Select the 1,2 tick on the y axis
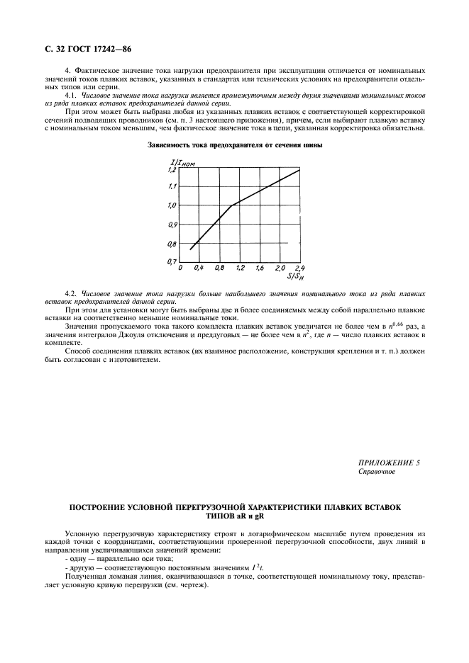[170, 170]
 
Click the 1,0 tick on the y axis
[170, 206]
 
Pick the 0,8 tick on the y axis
[170, 243]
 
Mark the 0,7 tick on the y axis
[170, 261]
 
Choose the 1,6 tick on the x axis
[260, 268]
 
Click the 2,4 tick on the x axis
[299, 268]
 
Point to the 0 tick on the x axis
[181, 268]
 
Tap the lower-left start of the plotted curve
[190, 249]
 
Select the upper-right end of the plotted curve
[299, 169]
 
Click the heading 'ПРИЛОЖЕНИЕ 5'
[390, 462]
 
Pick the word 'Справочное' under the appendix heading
[377, 471]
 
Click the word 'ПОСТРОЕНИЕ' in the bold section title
[99, 508]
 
